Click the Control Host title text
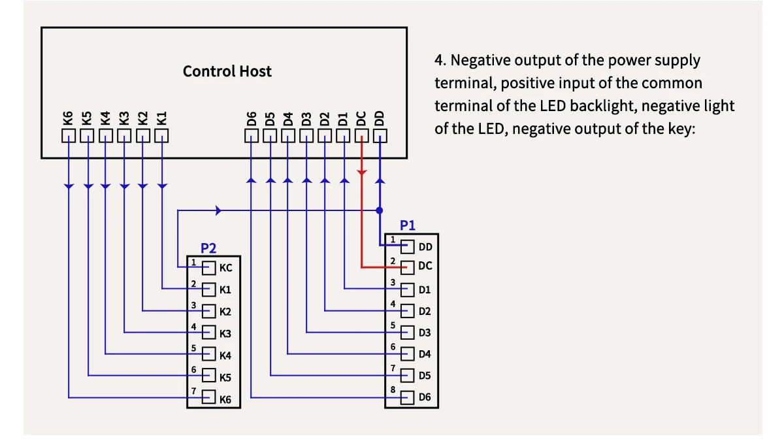pyautogui.click(x=227, y=71)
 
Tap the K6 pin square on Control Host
pyautogui.click(x=69, y=136)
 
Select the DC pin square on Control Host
pyautogui.click(x=361, y=136)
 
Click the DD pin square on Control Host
pyautogui.click(x=380, y=136)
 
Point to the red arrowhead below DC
pyautogui.click(x=361, y=173)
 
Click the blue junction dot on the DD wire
pyautogui.click(x=380, y=210)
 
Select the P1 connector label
pyautogui.click(x=408, y=225)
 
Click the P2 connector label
pyautogui.click(x=208, y=248)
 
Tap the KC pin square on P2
pyautogui.click(x=209, y=268)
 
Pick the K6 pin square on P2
pyautogui.click(x=209, y=397)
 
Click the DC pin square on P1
pyautogui.click(x=408, y=267)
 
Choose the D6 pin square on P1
pyautogui.click(x=408, y=397)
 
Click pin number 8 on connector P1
pyautogui.click(x=393, y=389)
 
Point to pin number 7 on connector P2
pyautogui.click(x=193, y=391)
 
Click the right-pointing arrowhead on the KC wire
pyautogui.click(x=219, y=210)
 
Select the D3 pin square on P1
pyautogui.click(x=408, y=332)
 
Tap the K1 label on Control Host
pyautogui.click(x=162, y=118)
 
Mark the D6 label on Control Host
pyautogui.click(x=252, y=119)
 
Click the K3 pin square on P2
pyautogui.click(x=209, y=333)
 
